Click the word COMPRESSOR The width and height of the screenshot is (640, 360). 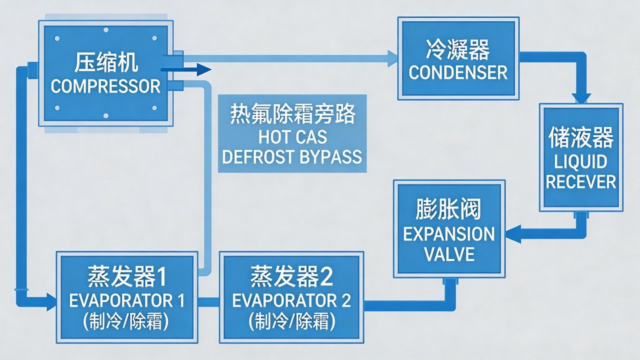coord(105,86)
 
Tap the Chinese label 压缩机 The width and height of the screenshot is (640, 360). coord(105,65)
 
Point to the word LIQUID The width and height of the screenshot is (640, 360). coord(580,161)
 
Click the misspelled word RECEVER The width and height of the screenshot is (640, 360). coord(580,181)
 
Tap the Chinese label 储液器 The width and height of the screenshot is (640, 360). coord(580,138)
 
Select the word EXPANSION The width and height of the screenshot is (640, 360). coord(448,234)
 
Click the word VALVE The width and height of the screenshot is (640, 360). coord(448,254)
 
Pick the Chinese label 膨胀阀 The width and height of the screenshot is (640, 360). coord(448,210)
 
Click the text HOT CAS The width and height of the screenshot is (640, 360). coord(292,136)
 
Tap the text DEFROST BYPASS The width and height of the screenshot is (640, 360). coord(292,156)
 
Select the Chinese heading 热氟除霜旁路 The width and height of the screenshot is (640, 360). coord(292,115)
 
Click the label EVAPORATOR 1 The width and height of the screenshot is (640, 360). coord(127,300)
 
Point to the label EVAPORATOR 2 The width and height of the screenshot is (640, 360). coord(291,300)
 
